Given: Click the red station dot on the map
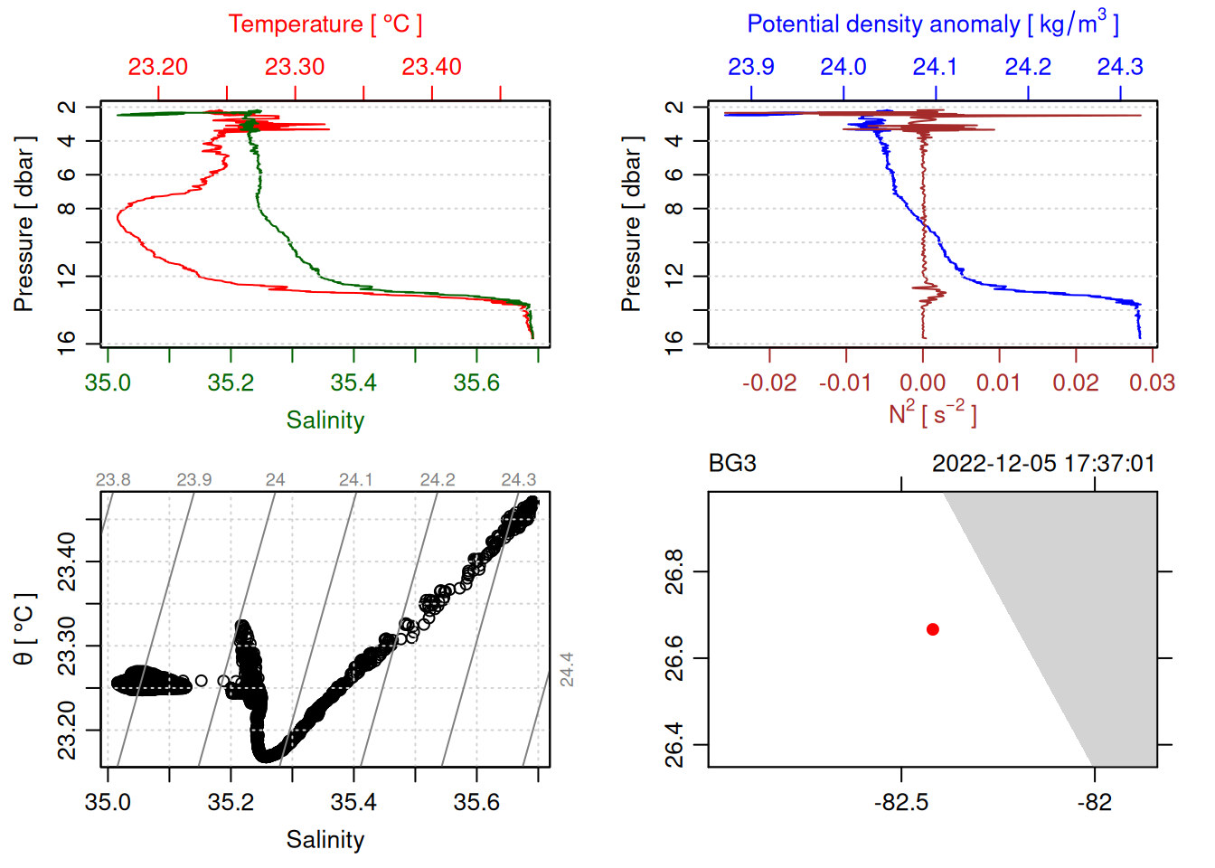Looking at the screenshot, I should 933,629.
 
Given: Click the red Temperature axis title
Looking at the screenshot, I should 325,24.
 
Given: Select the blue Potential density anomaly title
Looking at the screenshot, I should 932,24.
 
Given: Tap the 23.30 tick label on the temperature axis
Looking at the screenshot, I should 295,67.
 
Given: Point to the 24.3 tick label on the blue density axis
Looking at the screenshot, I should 1120,67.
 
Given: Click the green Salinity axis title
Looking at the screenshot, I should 325,420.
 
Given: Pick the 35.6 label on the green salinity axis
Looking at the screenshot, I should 476,382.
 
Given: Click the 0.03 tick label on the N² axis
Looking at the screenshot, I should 1152,382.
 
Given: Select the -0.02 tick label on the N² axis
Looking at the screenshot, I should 769,382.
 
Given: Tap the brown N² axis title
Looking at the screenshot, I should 932,414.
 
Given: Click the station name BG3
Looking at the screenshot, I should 732,464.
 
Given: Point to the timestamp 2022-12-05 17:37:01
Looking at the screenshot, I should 1043,464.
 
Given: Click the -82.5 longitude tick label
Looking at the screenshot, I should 901,802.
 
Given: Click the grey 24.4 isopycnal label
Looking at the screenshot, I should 567,669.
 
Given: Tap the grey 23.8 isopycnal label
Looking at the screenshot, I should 113,480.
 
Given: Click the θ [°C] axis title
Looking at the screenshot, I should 24,629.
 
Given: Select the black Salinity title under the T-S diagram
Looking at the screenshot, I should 325,840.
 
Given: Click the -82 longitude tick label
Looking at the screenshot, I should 1095,802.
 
